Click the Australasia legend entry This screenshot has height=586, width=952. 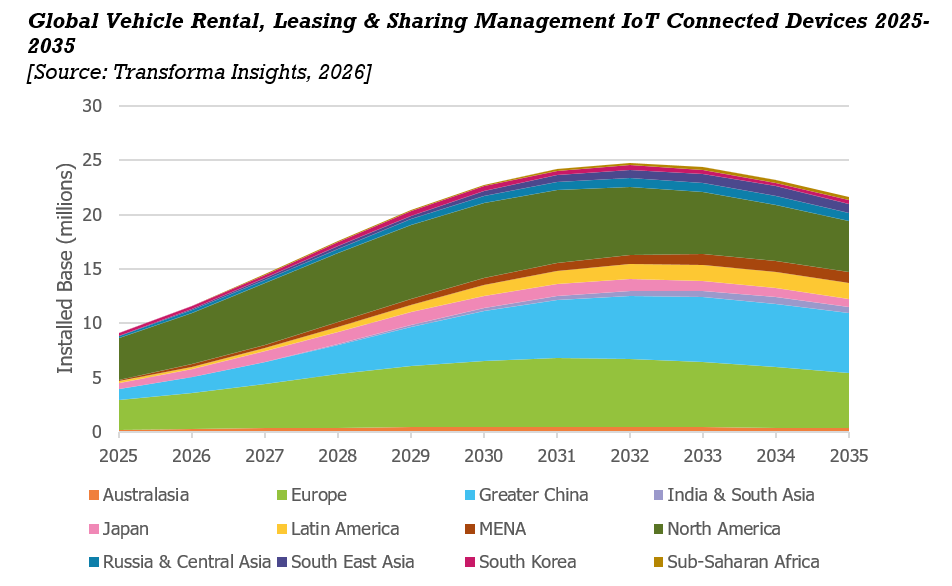click(139, 495)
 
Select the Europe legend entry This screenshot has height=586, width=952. click(311, 495)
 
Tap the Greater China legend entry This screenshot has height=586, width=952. click(526, 495)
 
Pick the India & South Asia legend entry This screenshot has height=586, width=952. click(733, 495)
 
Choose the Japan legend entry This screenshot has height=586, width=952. click(118, 529)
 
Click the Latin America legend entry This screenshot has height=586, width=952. click(338, 529)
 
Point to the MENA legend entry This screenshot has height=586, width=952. click(495, 529)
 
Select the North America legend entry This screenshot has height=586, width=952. click(716, 529)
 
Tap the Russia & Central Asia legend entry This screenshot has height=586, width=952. click(180, 562)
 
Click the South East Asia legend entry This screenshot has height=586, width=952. click(345, 562)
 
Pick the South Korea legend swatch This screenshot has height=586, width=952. click(470, 562)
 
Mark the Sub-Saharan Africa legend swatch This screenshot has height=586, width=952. click(658, 562)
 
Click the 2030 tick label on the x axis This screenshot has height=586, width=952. click(484, 455)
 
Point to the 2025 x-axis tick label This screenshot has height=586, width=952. click(119, 455)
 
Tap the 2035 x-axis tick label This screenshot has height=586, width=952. click(849, 455)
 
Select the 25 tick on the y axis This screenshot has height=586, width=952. click(92, 160)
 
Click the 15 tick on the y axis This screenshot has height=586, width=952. click(92, 269)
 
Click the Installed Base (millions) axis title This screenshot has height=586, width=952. click(65, 268)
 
